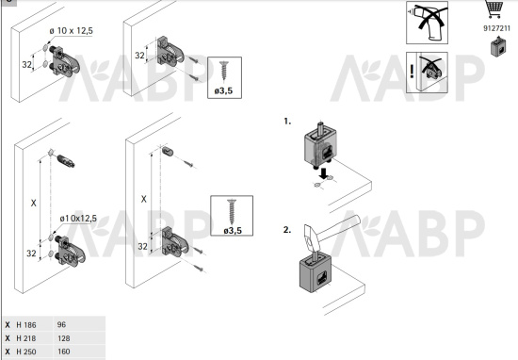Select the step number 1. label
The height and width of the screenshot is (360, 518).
pos(287,122)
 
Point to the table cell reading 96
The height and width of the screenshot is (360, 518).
pos(62,323)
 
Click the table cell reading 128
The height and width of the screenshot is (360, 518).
pos(64,337)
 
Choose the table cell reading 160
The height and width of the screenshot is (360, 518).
pos(64,352)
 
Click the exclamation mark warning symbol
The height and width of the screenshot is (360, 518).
pos(412,69)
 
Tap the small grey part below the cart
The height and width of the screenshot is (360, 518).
pos(496,49)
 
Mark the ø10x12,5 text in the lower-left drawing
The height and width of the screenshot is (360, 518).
pos(78,219)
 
